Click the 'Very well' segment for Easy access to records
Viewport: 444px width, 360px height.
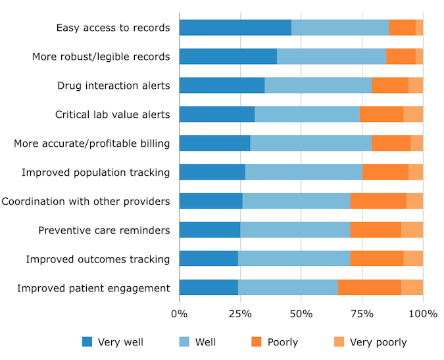point(235,28)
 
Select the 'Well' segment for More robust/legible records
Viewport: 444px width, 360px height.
point(332,57)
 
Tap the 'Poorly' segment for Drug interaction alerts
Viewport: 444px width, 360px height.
point(390,86)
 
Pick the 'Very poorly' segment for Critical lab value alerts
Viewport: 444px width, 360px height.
point(413,115)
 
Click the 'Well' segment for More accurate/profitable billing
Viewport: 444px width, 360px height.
point(311,143)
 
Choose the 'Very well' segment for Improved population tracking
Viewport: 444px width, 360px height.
point(212,172)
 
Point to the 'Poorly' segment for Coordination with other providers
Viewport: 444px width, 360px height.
point(378,201)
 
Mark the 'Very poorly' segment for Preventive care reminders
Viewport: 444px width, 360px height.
point(412,230)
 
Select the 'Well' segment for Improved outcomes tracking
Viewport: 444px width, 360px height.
point(294,259)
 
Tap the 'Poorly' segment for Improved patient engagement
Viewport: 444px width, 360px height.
point(370,288)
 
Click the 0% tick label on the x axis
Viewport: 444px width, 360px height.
point(180,314)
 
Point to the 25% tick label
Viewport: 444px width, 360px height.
point(240,314)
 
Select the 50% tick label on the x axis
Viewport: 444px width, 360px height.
point(301,314)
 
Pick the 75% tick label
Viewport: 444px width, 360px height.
point(362,314)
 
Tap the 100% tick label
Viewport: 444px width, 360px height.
point(423,314)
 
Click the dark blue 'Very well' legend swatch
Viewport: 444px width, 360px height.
point(87,342)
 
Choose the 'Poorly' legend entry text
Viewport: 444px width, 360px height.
point(283,342)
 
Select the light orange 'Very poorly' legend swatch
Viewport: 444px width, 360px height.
point(339,342)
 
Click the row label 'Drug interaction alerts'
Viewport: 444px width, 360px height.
point(114,86)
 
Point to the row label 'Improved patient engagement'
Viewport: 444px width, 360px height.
point(93,288)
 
